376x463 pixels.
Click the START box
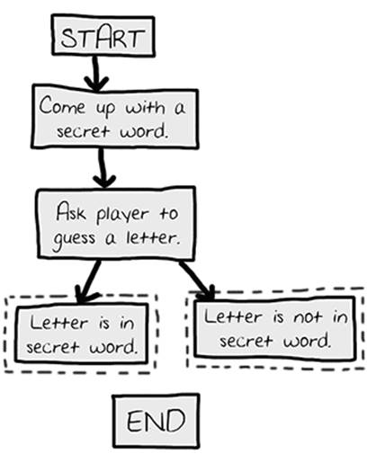tap(103, 36)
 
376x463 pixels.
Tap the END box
tap(156, 421)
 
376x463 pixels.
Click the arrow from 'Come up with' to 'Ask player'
tap(103, 168)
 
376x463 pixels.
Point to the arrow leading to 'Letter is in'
tap(88, 281)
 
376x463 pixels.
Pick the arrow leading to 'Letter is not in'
tap(197, 280)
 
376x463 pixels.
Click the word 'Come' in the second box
tap(62, 106)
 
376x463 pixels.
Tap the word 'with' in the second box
tap(146, 107)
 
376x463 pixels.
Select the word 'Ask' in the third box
tap(71, 211)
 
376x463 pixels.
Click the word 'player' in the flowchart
tap(122, 215)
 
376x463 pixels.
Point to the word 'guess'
tap(74, 240)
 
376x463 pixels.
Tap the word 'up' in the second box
tap(105, 110)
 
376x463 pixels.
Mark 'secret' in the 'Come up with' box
tap(83, 131)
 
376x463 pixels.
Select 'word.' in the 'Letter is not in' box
tap(308, 341)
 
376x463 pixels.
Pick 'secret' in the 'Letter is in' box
tap(52, 347)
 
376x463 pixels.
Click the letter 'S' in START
tap(67, 39)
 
